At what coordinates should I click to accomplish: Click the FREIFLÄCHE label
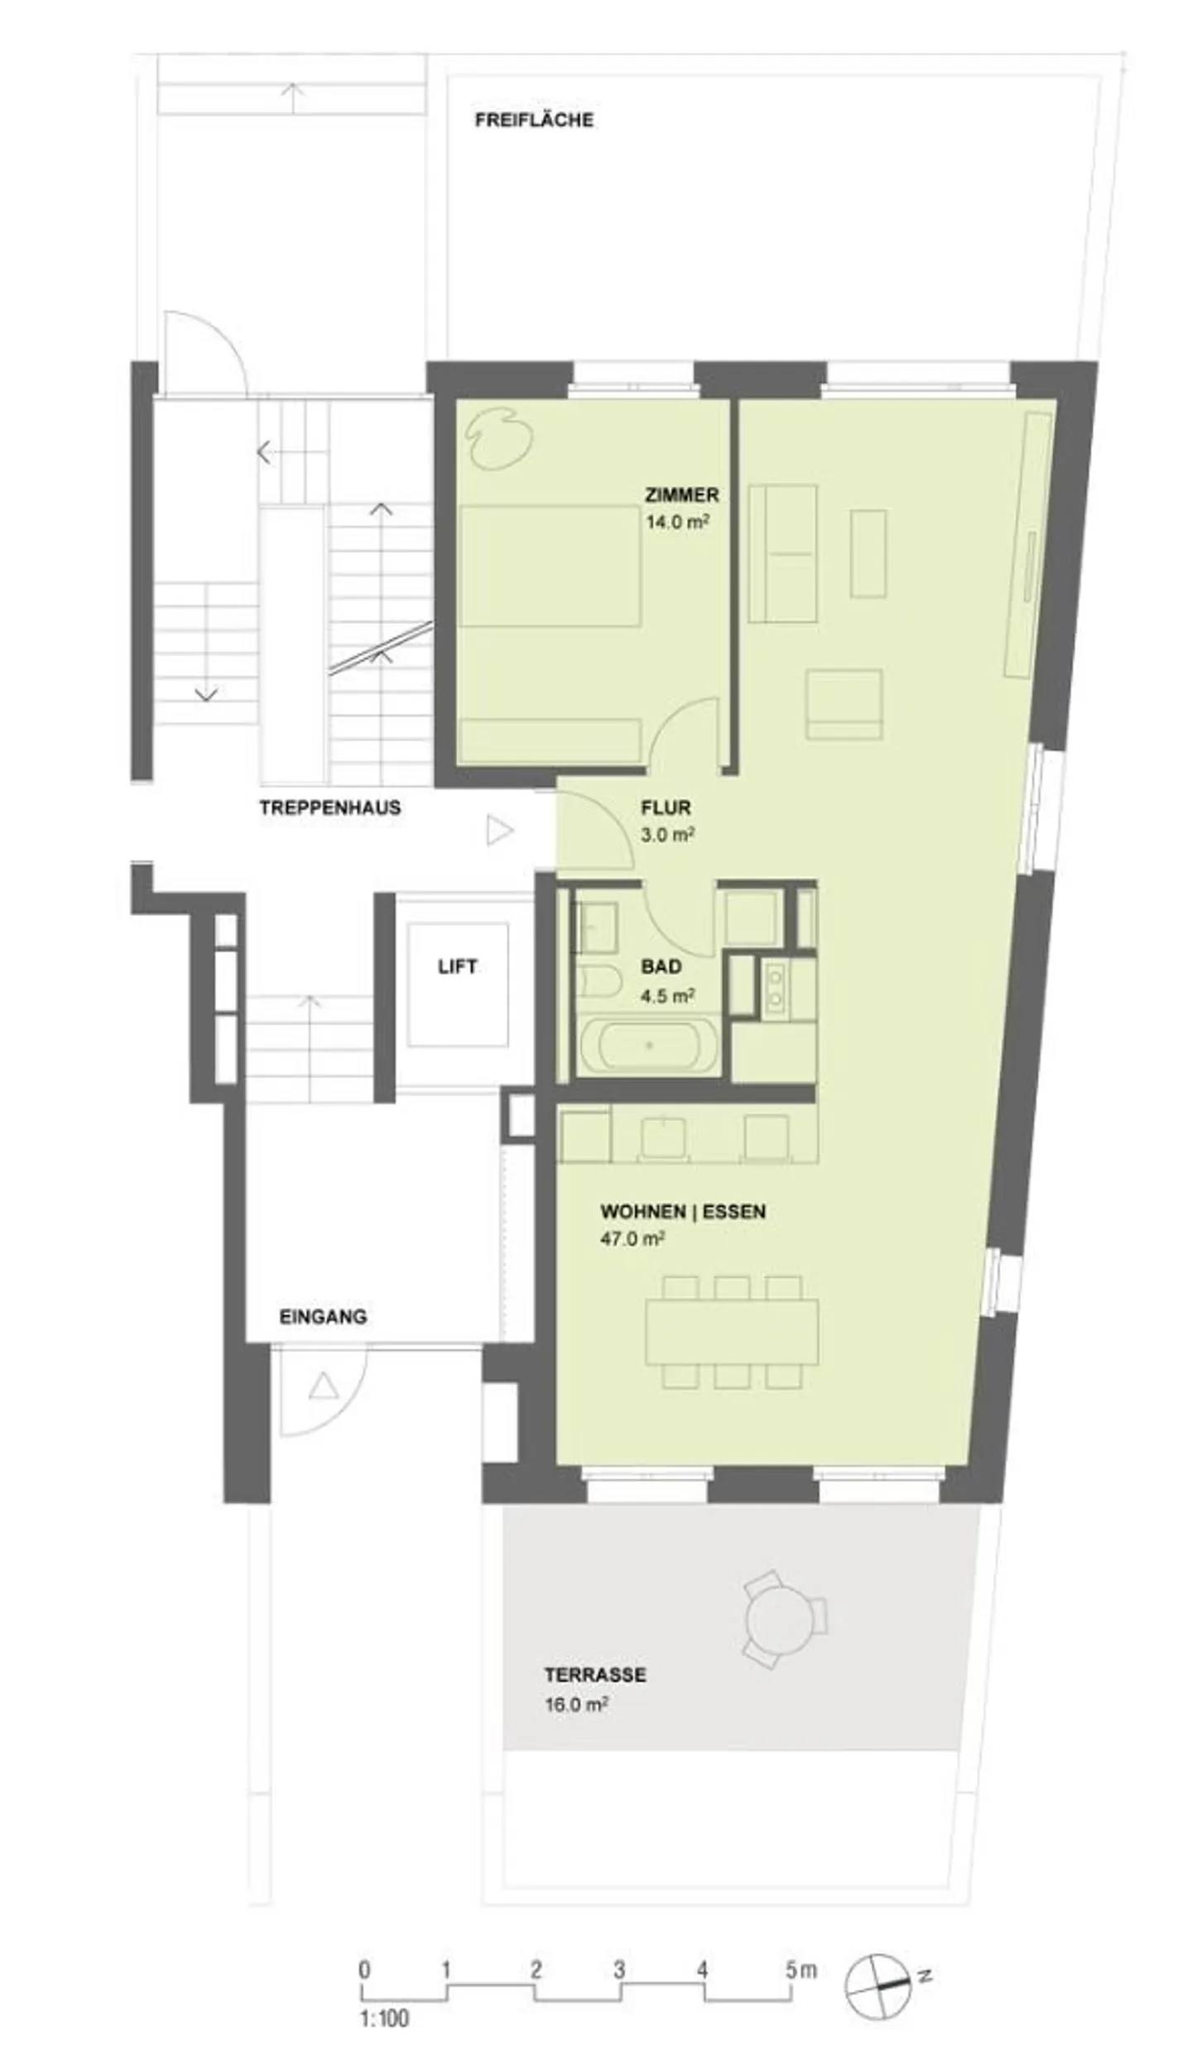click(534, 120)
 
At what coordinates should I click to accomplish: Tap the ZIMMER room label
click(681, 495)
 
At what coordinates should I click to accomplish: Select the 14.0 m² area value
click(677, 523)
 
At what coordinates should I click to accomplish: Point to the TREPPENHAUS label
click(329, 808)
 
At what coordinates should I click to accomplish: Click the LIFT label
click(457, 967)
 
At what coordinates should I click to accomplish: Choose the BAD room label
click(661, 967)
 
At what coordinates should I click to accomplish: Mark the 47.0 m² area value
click(632, 1239)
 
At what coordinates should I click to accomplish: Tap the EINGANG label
click(323, 1316)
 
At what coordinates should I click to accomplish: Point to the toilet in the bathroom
click(598, 982)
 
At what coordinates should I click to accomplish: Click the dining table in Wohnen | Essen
click(732, 1333)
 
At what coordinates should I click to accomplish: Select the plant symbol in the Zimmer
click(498, 439)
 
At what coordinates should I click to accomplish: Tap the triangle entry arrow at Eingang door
click(323, 1387)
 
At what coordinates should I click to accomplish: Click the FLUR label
click(665, 808)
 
